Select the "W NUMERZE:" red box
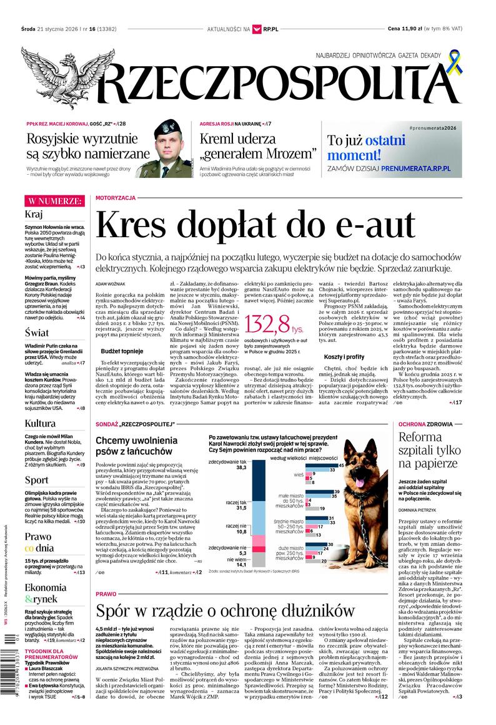54,201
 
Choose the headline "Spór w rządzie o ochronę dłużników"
225,610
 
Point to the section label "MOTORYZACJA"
116,198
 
